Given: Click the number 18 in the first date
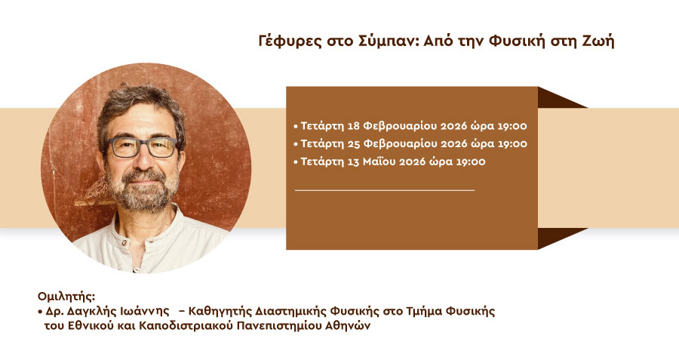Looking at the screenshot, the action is pyautogui.click(x=353, y=126).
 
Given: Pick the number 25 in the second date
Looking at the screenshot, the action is pyautogui.click(x=354, y=144).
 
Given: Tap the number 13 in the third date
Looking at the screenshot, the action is pyautogui.click(x=353, y=162).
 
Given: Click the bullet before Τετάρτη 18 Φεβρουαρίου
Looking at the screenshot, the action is pyautogui.click(x=296, y=127).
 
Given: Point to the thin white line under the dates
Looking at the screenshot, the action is pyautogui.click(x=385, y=189).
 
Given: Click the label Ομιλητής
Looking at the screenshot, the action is pyautogui.click(x=66, y=297).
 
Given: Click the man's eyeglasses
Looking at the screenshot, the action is pyautogui.click(x=143, y=147).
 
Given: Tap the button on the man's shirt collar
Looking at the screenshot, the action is pyautogui.click(x=124, y=242).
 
